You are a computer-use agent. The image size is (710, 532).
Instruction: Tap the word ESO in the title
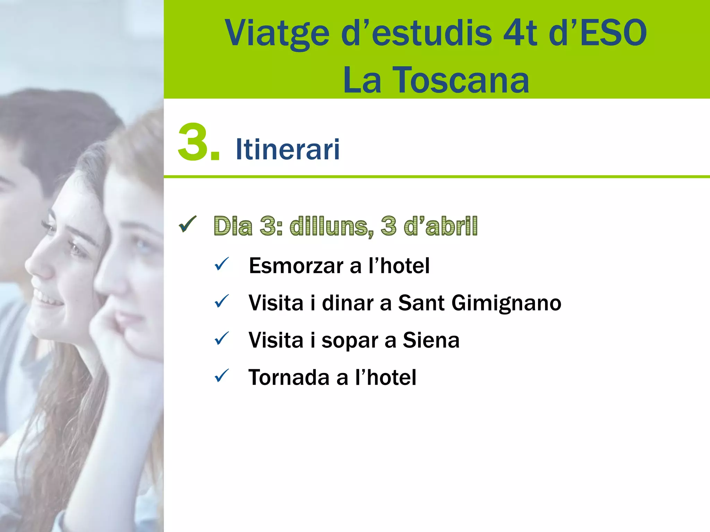tap(613, 33)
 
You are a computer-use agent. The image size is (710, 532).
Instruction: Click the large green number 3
tap(194, 143)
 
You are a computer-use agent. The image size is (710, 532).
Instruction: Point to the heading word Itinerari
tap(287, 149)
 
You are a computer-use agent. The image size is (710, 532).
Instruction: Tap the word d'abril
tap(441, 226)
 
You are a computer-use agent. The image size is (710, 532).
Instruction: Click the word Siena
tap(431, 340)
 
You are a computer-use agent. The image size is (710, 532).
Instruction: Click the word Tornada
tap(289, 377)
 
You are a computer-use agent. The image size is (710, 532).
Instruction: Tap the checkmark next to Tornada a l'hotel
tap(222, 376)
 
